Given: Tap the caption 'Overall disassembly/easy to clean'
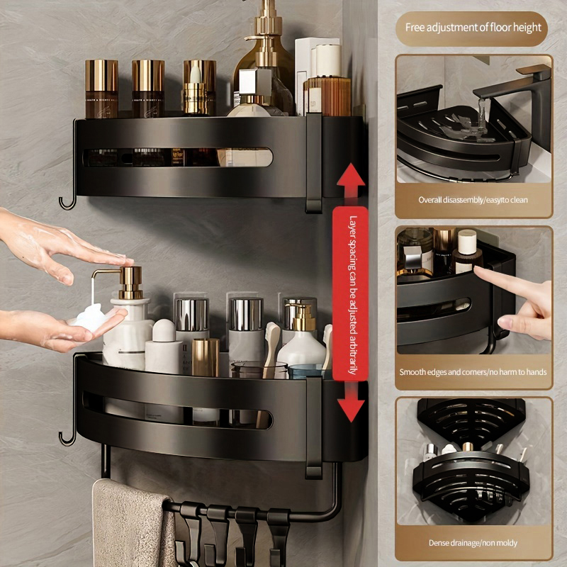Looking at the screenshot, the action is [473, 200].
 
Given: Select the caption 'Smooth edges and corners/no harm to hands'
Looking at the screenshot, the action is [473, 371].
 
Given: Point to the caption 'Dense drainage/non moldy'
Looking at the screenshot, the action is [473, 543].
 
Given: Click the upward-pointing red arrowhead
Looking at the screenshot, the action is [351, 175].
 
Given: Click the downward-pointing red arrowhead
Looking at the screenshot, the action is [351, 410].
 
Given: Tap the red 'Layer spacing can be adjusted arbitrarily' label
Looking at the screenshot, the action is [350, 293].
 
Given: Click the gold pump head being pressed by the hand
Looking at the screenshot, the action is [130, 277].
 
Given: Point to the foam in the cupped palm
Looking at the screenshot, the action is [90, 318].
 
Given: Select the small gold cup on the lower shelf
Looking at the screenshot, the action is [206, 357].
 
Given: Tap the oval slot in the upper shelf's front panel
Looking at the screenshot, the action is [177, 157].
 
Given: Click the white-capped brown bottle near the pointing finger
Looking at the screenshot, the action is [466, 251].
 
